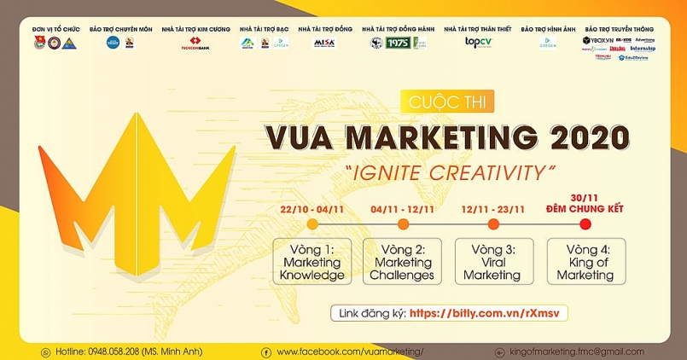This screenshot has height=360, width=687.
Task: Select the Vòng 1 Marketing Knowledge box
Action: [x=312, y=262]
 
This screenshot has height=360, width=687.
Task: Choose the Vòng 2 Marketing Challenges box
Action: [x=402, y=262]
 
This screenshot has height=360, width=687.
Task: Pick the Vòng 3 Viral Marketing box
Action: [x=492, y=262]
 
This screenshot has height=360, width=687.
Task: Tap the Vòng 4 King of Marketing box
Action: [x=585, y=262]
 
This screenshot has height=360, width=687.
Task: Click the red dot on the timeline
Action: [x=585, y=224]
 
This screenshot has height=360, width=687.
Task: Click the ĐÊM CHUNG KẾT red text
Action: [x=585, y=207]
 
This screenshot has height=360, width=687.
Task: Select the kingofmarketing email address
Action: [x=576, y=351]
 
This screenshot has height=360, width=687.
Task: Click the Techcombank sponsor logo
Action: [x=195, y=44]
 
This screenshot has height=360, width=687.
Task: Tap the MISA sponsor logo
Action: [x=324, y=43]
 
